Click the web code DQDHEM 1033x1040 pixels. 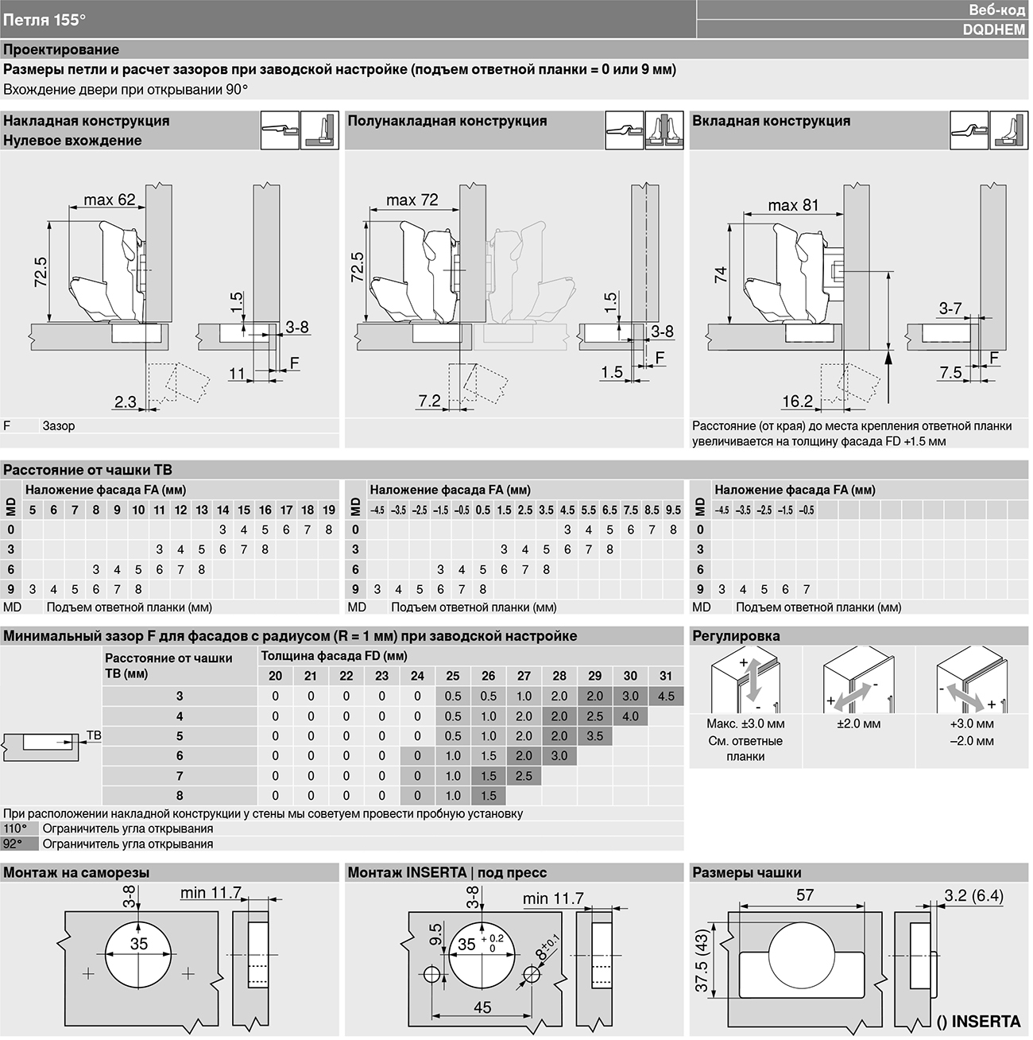(993, 29)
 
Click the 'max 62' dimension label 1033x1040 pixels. (109, 200)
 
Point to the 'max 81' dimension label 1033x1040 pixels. (793, 205)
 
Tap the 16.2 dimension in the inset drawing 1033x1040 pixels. (797, 401)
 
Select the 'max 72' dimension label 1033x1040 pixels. (412, 200)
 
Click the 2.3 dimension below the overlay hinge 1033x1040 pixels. (125, 402)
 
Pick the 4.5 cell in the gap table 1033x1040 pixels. (666, 697)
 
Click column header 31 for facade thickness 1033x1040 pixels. (666, 676)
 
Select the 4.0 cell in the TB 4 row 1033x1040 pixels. (630, 716)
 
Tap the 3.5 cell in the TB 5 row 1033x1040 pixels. (594, 736)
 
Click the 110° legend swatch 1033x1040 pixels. (19, 829)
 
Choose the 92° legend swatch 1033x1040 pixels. (19, 844)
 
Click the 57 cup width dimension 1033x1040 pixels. (804, 894)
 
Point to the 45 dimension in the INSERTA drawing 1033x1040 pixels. (482, 1007)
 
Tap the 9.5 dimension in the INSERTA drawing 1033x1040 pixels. (435, 934)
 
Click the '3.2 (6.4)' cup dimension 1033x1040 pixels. (973, 896)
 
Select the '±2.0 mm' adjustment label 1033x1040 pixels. (858, 724)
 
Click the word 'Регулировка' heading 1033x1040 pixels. (736, 636)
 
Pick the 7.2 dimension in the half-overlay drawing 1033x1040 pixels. (429, 401)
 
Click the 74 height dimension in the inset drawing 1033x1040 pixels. (721, 274)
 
